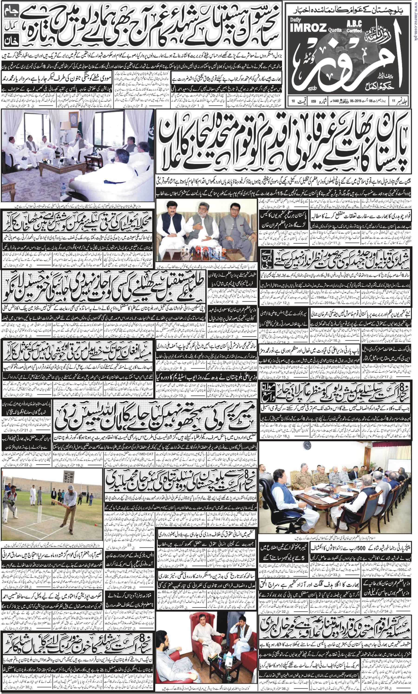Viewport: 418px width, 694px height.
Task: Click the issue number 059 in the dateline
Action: click(313, 101)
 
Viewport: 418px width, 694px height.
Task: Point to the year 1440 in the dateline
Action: click(332, 101)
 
